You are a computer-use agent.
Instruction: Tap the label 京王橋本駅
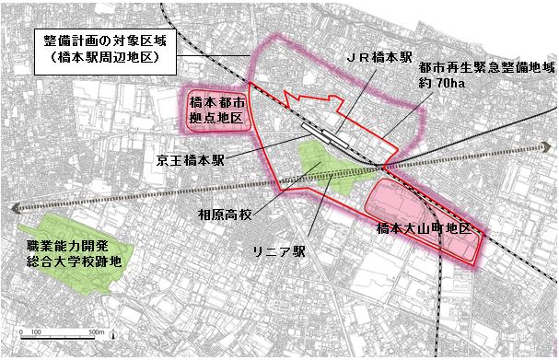pos(189,158)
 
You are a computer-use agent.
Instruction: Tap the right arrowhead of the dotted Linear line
pos(549,145)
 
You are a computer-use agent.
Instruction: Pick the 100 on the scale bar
pos(37,332)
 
